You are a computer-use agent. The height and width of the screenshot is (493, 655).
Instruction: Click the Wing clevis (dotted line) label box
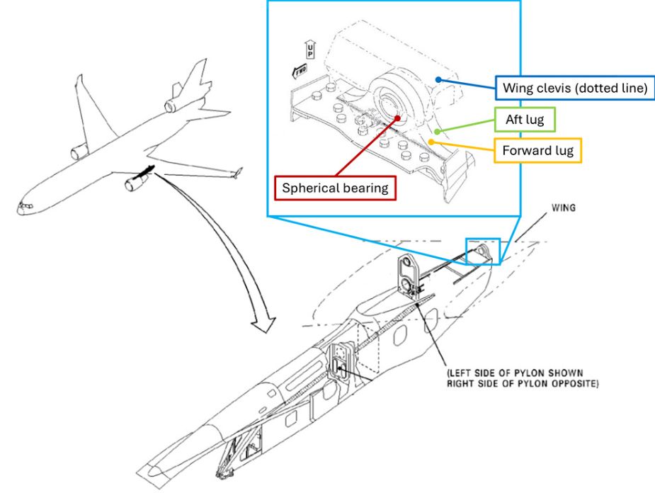click(576, 89)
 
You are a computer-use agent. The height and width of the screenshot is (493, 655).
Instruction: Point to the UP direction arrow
click(309, 49)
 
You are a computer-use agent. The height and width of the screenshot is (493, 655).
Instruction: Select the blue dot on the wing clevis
click(439, 79)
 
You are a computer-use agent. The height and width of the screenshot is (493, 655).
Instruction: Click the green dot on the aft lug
click(438, 130)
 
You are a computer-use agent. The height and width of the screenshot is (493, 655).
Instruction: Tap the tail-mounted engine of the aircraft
click(172, 106)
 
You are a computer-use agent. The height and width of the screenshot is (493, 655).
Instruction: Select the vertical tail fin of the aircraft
click(198, 74)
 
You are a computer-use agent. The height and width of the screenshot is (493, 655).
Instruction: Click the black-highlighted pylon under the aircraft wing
click(147, 170)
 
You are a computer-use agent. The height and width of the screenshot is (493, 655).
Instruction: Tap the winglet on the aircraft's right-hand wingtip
click(238, 172)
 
